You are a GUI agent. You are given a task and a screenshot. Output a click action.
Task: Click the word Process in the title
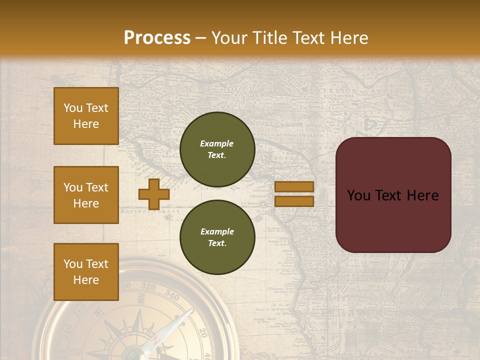[x=157, y=37]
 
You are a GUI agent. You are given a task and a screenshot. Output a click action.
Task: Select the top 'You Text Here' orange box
[x=86, y=116]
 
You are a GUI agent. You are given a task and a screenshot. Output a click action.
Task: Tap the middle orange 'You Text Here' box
[x=86, y=195]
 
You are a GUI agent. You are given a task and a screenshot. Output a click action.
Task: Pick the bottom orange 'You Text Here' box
[x=86, y=272]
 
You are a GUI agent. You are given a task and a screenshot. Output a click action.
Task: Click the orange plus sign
[x=154, y=194]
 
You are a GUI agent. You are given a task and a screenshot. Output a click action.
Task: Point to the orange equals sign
[x=294, y=194]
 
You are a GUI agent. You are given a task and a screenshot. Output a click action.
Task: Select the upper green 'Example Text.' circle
[x=217, y=149]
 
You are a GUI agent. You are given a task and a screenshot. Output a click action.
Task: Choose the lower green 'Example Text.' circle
[x=217, y=237]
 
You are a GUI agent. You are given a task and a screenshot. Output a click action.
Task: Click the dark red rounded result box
[x=393, y=195]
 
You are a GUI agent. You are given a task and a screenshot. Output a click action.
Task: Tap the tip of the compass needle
[x=191, y=311]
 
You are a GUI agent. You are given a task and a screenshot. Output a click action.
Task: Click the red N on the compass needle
[x=155, y=340]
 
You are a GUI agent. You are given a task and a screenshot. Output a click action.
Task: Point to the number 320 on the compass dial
[x=148, y=286]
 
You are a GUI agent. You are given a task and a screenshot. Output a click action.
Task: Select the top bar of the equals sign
[x=294, y=187]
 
